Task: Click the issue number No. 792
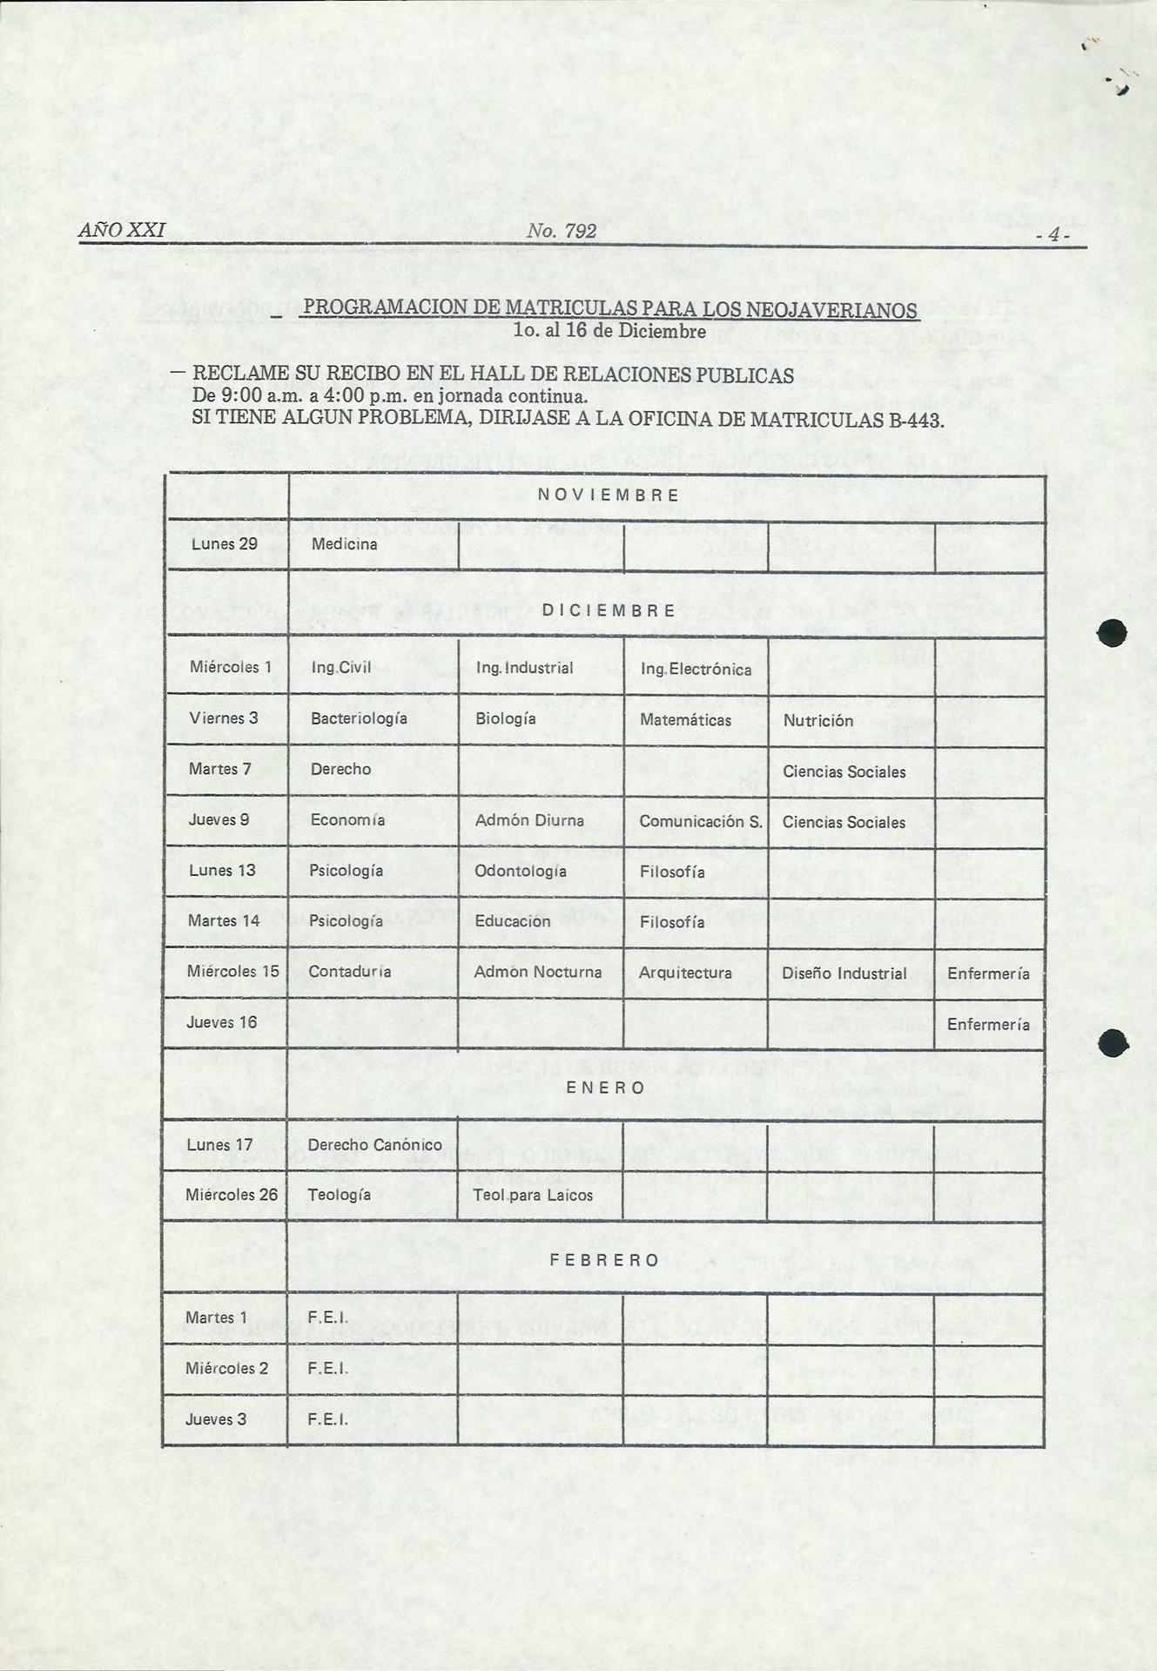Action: tap(562, 231)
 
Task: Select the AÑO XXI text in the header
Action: tap(121, 230)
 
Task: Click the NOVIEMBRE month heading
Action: tap(609, 495)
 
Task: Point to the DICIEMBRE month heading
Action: tap(609, 610)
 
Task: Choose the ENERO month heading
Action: tap(606, 1088)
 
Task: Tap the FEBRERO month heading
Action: tap(605, 1260)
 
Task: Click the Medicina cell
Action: tap(344, 544)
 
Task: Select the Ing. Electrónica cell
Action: tap(696, 669)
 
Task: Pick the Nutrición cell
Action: tap(817, 721)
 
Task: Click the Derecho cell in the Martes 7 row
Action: tap(340, 769)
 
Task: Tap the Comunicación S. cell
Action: tap(700, 821)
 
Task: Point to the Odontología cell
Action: tap(520, 871)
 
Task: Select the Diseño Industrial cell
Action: tap(844, 973)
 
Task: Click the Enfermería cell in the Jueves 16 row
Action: tap(988, 1024)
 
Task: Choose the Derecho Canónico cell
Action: tap(374, 1144)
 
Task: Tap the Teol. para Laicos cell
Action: tap(533, 1196)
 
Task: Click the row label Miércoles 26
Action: tap(231, 1195)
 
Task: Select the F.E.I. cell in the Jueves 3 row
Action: tap(327, 1419)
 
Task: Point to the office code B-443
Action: tap(916, 421)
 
